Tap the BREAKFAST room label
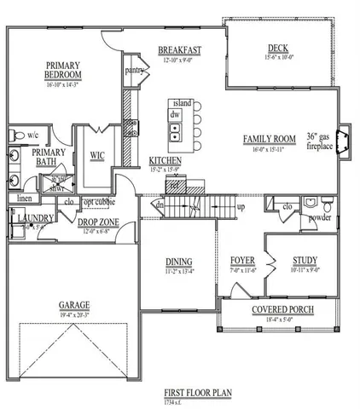[x=179, y=49]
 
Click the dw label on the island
[x=175, y=113]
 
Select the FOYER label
[x=244, y=261]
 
